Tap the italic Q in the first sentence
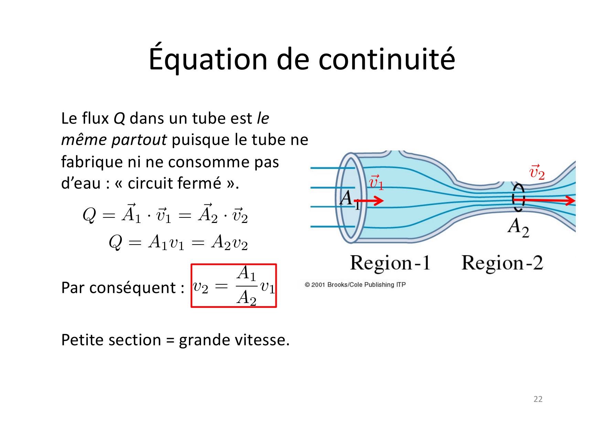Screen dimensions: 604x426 [119, 119]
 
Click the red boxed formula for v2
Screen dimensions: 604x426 [234, 285]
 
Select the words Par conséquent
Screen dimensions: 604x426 [119, 288]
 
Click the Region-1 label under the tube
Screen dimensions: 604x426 [390, 263]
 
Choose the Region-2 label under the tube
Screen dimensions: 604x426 [502, 263]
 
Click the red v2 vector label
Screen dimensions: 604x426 [537, 172]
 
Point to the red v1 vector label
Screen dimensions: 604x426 [376, 182]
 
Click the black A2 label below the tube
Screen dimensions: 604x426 [518, 227]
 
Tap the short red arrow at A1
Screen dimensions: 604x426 [369, 201]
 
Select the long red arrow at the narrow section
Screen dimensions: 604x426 [544, 200]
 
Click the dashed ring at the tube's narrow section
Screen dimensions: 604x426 [514, 198]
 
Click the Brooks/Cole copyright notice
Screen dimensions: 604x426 [355, 284]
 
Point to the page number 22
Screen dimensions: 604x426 [538, 399]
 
